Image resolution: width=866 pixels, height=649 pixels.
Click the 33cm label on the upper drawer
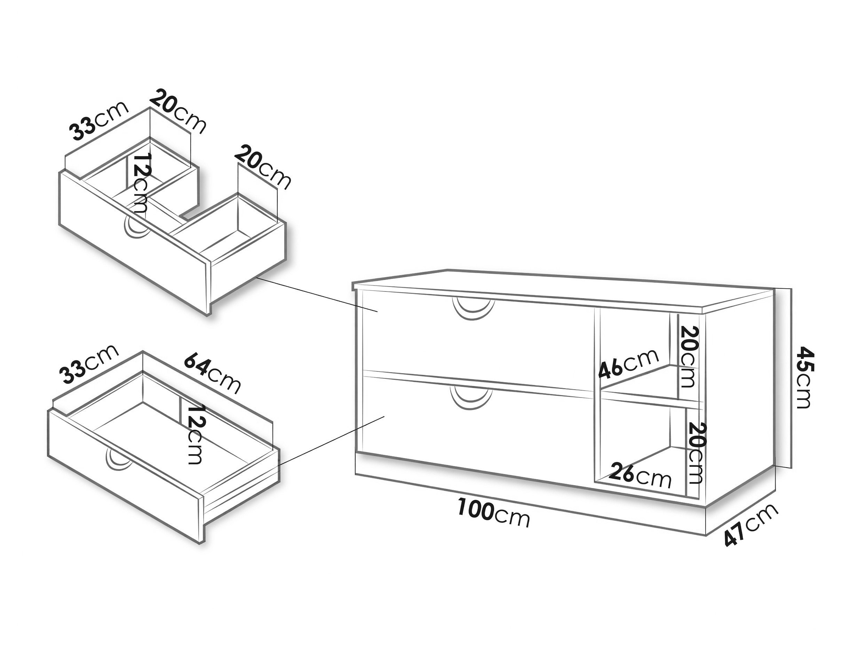click(99, 121)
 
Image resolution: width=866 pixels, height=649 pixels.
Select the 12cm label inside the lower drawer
click(194, 434)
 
